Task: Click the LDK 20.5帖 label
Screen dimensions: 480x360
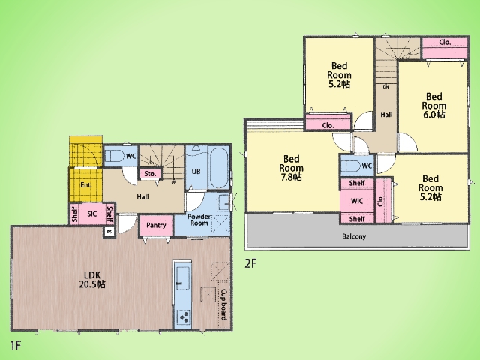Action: point(92,280)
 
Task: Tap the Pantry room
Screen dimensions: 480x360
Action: point(156,226)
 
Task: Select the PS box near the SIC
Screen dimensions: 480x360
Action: point(109,232)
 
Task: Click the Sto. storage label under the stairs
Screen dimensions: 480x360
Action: point(150,174)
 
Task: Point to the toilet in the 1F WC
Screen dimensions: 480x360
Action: point(113,156)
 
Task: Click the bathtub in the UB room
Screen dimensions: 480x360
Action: point(219,168)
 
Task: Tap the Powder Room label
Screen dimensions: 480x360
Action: point(199,220)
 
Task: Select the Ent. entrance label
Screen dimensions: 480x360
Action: point(86,185)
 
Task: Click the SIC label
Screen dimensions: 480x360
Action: point(92,214)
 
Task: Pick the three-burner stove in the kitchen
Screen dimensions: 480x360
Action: point(184,316)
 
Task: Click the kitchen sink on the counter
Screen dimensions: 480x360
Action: point(183,278)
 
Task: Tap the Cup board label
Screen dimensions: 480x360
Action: point(224,304)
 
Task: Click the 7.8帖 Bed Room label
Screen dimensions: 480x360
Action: point(292,168)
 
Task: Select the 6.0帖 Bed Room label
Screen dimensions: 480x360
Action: point(433,106)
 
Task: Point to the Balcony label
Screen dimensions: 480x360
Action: point(354,236)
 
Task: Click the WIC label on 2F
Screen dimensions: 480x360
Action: point(357,201)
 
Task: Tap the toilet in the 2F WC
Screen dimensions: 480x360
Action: point(350,166)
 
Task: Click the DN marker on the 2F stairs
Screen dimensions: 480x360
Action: point(386,87)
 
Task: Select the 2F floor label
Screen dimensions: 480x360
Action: point(250,263)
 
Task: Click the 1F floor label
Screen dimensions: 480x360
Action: point(15,345)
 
